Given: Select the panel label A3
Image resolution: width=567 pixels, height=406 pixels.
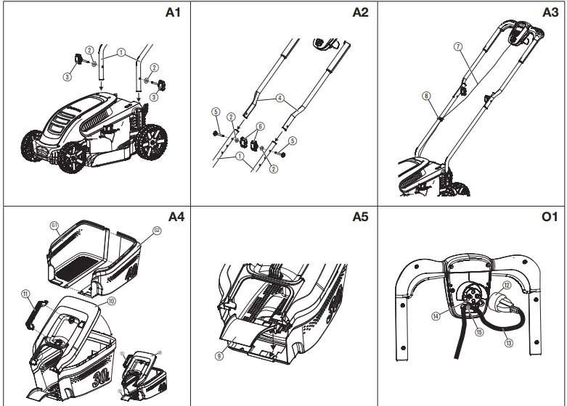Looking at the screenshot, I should point(551,12).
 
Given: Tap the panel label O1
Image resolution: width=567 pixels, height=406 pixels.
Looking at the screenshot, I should point(550,215).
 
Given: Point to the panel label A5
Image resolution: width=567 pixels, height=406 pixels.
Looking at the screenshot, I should point(362,215).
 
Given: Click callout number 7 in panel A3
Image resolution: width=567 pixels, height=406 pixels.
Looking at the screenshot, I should point(457,46).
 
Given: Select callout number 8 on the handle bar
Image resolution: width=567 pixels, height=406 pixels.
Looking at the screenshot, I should point(426,95).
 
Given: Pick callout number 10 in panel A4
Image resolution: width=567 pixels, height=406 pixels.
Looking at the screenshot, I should point(111,299).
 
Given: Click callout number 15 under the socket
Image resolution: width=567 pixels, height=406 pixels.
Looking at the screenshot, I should point(478,332).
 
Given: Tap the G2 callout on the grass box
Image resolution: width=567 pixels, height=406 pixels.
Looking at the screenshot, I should point(155,231).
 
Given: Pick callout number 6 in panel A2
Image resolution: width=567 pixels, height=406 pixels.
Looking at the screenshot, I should point(261,126).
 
